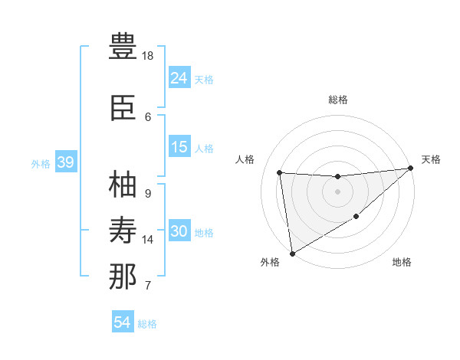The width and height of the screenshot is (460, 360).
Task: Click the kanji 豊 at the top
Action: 123,47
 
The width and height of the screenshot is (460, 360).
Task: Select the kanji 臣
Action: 123,108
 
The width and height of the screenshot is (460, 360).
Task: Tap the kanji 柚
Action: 123,185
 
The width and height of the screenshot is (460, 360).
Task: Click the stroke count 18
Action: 148,56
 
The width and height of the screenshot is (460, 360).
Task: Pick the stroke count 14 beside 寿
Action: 148,240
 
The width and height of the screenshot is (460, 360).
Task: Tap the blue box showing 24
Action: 179,77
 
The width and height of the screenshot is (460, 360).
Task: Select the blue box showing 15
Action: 179,147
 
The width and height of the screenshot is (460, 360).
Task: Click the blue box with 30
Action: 179,231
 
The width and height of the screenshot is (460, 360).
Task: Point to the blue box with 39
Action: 65,162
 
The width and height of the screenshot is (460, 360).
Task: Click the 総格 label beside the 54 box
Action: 147,324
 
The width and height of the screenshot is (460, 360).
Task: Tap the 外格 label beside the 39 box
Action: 41,163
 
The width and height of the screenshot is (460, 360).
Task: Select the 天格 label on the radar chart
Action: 431,159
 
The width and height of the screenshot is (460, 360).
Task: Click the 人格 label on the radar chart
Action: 245,159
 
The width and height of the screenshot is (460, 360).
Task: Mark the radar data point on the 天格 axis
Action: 411,169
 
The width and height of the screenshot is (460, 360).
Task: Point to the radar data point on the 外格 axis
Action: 291,253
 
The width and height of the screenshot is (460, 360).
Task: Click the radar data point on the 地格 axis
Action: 356,218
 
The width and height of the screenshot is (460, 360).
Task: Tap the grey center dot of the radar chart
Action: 337,191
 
